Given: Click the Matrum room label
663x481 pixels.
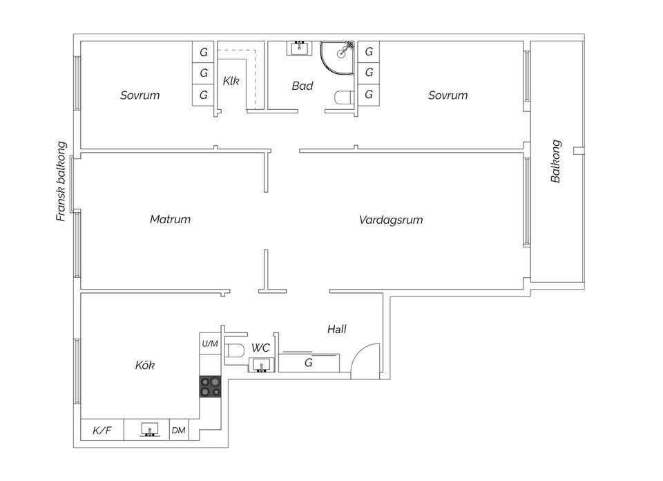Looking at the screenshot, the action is pos(170,219).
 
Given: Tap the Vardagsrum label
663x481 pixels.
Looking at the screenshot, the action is pos(391,220).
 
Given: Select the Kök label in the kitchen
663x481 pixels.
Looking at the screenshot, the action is pos(144,365).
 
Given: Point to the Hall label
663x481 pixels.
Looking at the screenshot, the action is pos(336,329).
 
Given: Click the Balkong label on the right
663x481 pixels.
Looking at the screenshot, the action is pos(555,161).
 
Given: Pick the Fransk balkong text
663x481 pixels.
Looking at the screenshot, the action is pos(61,181).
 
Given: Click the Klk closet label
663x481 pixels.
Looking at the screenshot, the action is pos(231,81).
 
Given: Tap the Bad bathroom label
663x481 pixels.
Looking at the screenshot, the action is pos(302,86).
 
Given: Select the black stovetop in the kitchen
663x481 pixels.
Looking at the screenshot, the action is pos(210,386).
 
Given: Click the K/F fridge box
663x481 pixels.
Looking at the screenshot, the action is pos(102,430).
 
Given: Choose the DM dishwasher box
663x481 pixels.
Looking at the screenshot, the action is pos(179,430).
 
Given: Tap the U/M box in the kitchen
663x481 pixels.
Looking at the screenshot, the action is pos(210,343).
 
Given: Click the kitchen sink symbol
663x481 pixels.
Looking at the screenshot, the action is pos(149,429).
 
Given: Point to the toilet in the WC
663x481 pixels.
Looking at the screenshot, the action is pos(234,350).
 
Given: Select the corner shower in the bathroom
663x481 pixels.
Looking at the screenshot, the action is pos(337,57).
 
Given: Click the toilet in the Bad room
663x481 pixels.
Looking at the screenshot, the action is pos(345,97).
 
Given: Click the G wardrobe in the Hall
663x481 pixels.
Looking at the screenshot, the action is pos(309,362).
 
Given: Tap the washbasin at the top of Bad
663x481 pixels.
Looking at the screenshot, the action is pos(300,48).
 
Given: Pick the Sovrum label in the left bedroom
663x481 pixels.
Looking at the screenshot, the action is pos(140,95).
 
